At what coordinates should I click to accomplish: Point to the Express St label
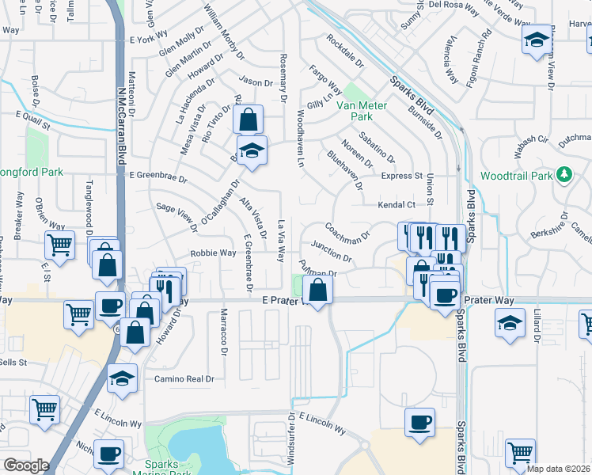click(402, 176)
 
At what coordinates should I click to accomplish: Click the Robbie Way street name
click(212, 253)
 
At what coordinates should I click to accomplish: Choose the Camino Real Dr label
click(184, 379)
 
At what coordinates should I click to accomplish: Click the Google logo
click(26, 465)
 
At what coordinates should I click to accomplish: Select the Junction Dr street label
click(332, 251)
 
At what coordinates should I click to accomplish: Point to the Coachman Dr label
click(348, 230)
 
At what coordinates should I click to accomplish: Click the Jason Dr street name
click(256, 82)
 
